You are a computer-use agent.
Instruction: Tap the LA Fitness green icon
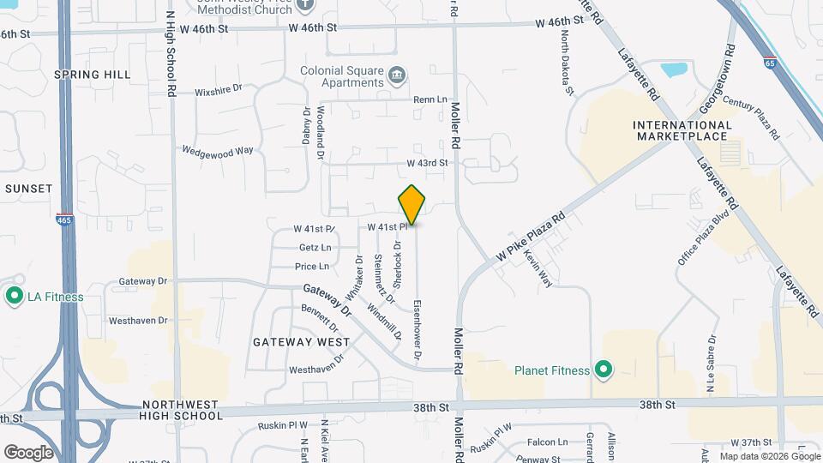point(14,297)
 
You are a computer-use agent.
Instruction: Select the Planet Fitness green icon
point(604,370)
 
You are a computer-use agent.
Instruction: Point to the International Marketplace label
point(682,131)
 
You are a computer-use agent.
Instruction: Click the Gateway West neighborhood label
point(301,341)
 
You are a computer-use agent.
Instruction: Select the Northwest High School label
point(183,410)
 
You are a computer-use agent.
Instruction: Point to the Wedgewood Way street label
point(218,150)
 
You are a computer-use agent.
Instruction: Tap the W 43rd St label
point(427,163)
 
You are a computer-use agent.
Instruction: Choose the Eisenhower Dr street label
point(417,328)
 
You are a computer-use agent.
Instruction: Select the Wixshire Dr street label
point(219,88)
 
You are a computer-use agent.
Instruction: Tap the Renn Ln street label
point(430,99)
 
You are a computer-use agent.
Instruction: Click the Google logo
point(27,452)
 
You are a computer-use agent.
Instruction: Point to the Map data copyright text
point(769,456)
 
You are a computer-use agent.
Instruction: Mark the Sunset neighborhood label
point(28,188)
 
